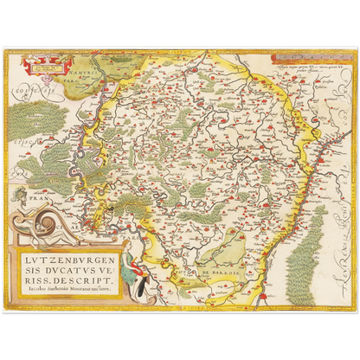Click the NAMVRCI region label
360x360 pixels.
83,62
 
